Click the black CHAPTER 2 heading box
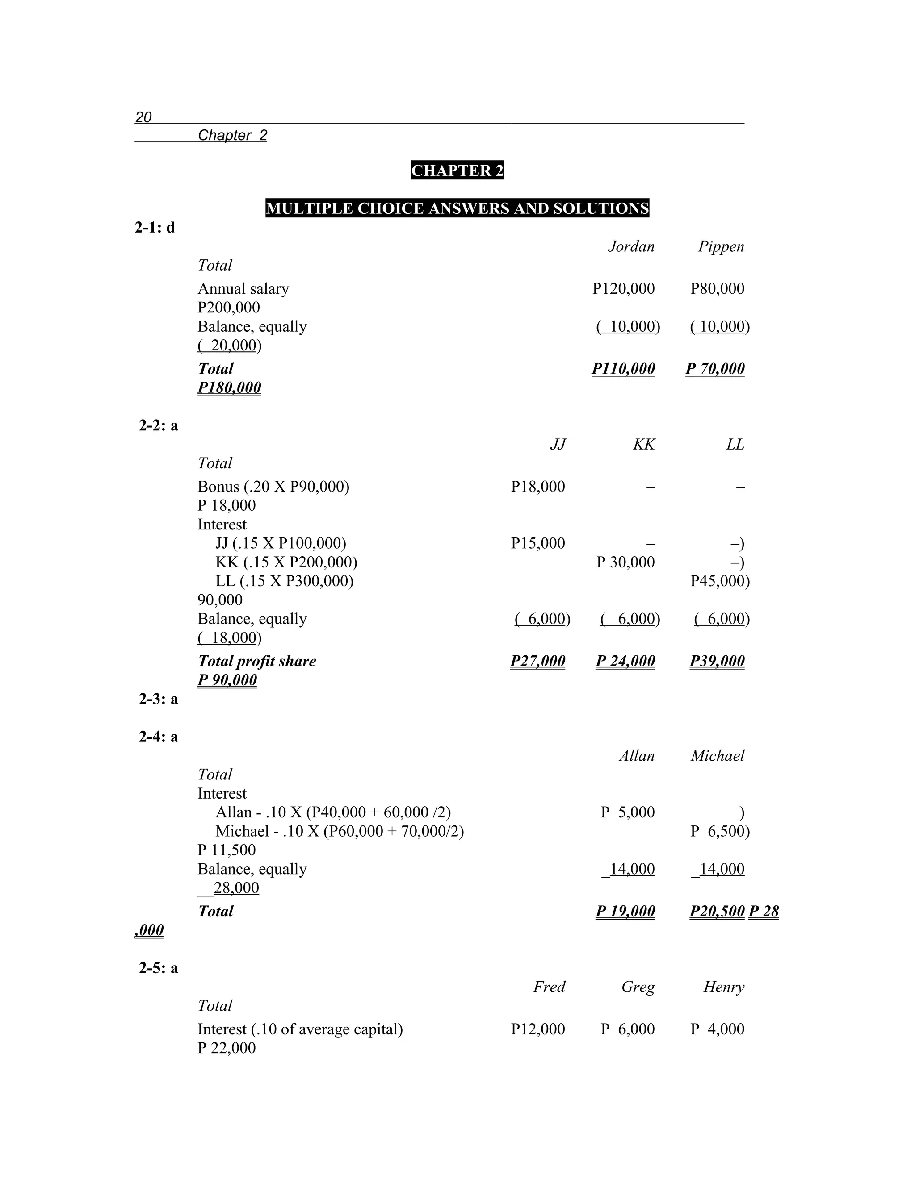click(457, 171)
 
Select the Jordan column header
click(630, 247)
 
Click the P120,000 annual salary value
click(623, 289)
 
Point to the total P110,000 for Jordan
click(623, 369)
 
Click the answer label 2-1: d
click(155, 228)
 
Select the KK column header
click(643, 445)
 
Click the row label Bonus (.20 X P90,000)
click(273, 487)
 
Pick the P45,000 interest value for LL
click(719, 581)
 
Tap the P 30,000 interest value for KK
click(625, 562)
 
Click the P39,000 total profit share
click(717, 662)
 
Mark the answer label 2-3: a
click(158, 699)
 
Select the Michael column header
click(717, 756)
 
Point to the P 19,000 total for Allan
click(625, 912)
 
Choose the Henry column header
click(724, 987)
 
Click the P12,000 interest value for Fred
click(538, 1029)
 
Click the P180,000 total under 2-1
click(229, 388)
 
